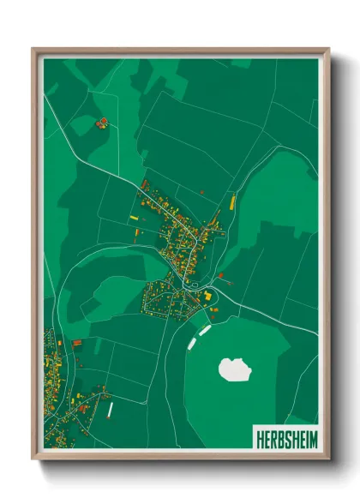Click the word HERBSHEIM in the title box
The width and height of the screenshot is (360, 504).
coord(285,437)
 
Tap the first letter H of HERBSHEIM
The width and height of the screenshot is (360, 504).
coord(259,437)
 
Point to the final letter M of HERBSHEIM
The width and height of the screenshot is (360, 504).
coord(312,437)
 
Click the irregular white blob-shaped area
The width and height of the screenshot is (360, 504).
coord(235,369)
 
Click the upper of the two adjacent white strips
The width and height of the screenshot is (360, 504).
coord(205,328)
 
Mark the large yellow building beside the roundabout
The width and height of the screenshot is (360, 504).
coord(207,294)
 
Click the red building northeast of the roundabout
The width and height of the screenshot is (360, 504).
coord(221,276)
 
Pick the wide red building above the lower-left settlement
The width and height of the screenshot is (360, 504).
coord(76,342)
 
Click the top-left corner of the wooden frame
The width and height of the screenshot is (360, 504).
coord(33,49)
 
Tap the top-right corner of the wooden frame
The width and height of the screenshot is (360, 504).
coord(328,49)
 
